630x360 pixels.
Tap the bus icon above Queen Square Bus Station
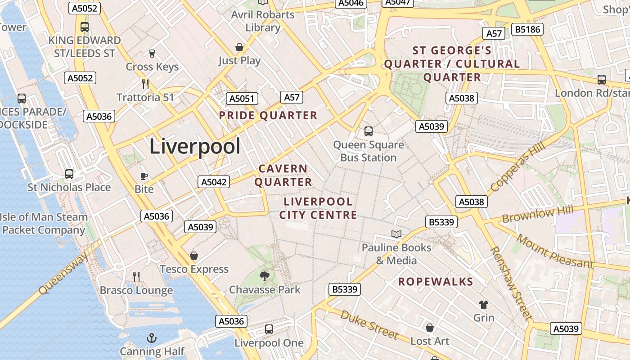[x=369, y=131]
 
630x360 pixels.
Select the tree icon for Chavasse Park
[x=265, y=276]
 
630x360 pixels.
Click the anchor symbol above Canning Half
[x=152, y=337]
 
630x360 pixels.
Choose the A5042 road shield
[x=214, y=182]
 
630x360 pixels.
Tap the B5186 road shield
[x=527, y=30]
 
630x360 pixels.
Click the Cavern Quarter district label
[x=283, y=175]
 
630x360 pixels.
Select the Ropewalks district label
[x=436, y=282]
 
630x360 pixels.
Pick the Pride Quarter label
[x=268, y=116]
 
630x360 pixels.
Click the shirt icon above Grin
[x=484, y=305]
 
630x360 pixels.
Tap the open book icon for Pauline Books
[x=396, y=234]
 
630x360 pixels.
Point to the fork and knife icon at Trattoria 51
[x=145, y=84]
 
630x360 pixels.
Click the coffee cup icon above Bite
[x=144, y=176]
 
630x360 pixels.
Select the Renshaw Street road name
[x=511, y=283]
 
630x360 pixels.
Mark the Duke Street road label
[x=369, y=325]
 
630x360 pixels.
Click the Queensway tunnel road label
[x=63, y=273]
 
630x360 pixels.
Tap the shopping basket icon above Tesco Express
[x=194, y=256]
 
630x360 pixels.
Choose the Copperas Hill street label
[x=518, y=166]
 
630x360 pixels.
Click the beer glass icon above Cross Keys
[x=152, y=54]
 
